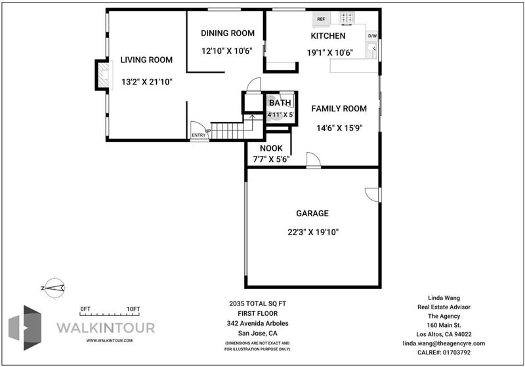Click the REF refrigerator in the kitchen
[x=321, y=19]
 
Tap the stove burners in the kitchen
[x=347, y=18]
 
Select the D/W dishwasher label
[x=372, y=36]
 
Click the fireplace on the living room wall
[x=103, y=75]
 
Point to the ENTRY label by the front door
[x=199, y=136]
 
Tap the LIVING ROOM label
[x=146, y=60]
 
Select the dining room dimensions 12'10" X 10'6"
[x=226, y=51]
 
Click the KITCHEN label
[x=327, y=36]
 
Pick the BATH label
[x=280, y=103]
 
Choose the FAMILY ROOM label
[x=339, y=109]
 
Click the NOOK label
[x=271, y=148]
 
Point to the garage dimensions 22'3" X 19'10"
[x=313, y=232]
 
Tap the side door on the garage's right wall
[x=373, y=195]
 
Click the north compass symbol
[x=54, y=288]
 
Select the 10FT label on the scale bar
[x=133, y=309]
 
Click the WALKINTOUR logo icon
[x=25, y=328]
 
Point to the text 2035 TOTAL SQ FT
[x=257, y=304]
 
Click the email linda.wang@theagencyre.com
[x=444, y=343]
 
